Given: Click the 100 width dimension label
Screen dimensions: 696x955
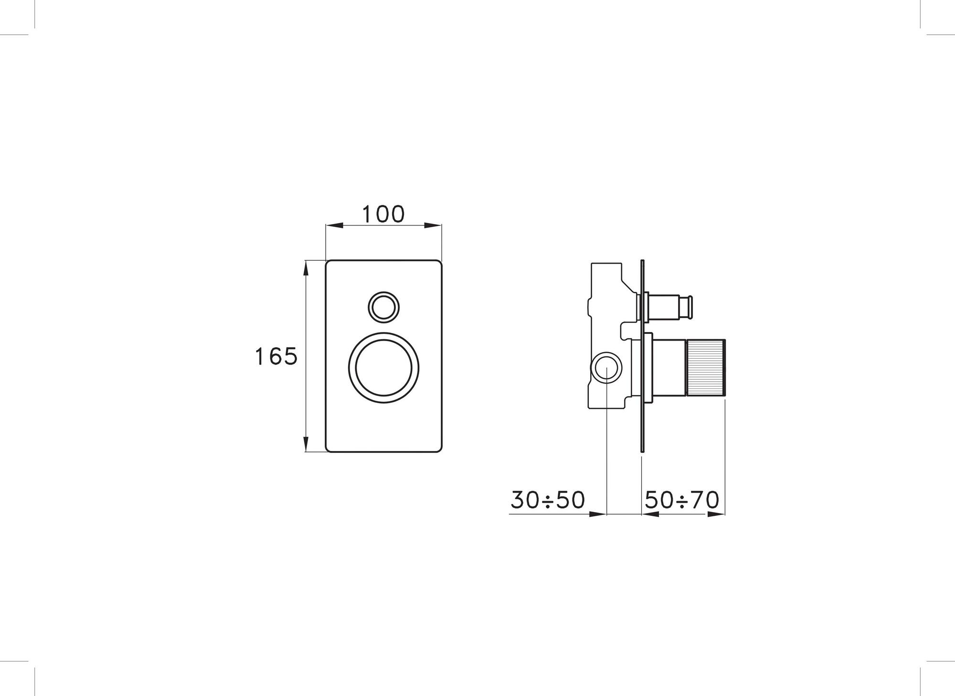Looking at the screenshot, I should (383, 214).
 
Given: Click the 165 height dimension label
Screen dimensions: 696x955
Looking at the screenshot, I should (276, 356).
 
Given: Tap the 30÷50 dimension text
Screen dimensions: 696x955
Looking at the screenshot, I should (548, 500).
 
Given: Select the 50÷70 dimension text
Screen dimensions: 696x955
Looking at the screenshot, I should (682, 500).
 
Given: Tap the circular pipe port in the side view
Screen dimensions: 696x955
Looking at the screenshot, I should (606, 368).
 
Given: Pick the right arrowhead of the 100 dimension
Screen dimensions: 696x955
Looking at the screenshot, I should (434, 225).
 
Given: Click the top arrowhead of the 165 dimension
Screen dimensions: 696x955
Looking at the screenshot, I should (306, 268).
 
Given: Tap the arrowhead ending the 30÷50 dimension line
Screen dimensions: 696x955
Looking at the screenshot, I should (598, 514).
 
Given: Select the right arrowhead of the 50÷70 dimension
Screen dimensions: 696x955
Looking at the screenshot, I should (717, 514).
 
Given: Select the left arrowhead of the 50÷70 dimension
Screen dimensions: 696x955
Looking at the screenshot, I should (649, 514).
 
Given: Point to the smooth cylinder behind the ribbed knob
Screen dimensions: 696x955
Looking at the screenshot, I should (668, 368).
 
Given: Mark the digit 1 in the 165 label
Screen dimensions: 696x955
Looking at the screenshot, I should (259, 356).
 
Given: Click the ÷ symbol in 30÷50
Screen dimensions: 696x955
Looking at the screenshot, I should (548, 500).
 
